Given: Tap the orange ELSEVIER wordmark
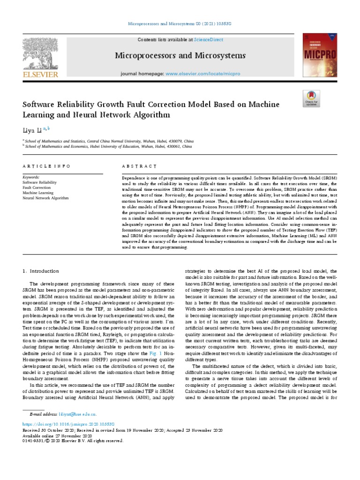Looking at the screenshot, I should [x=39, y=74].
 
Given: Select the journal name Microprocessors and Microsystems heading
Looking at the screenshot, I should [x=180, y=56].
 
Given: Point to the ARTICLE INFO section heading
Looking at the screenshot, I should [x=46, y=166].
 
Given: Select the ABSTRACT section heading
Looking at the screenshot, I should [x=139, y=166].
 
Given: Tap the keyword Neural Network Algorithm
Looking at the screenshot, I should [x=45, y=198].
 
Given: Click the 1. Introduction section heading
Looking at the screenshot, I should [x=41, y=271].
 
